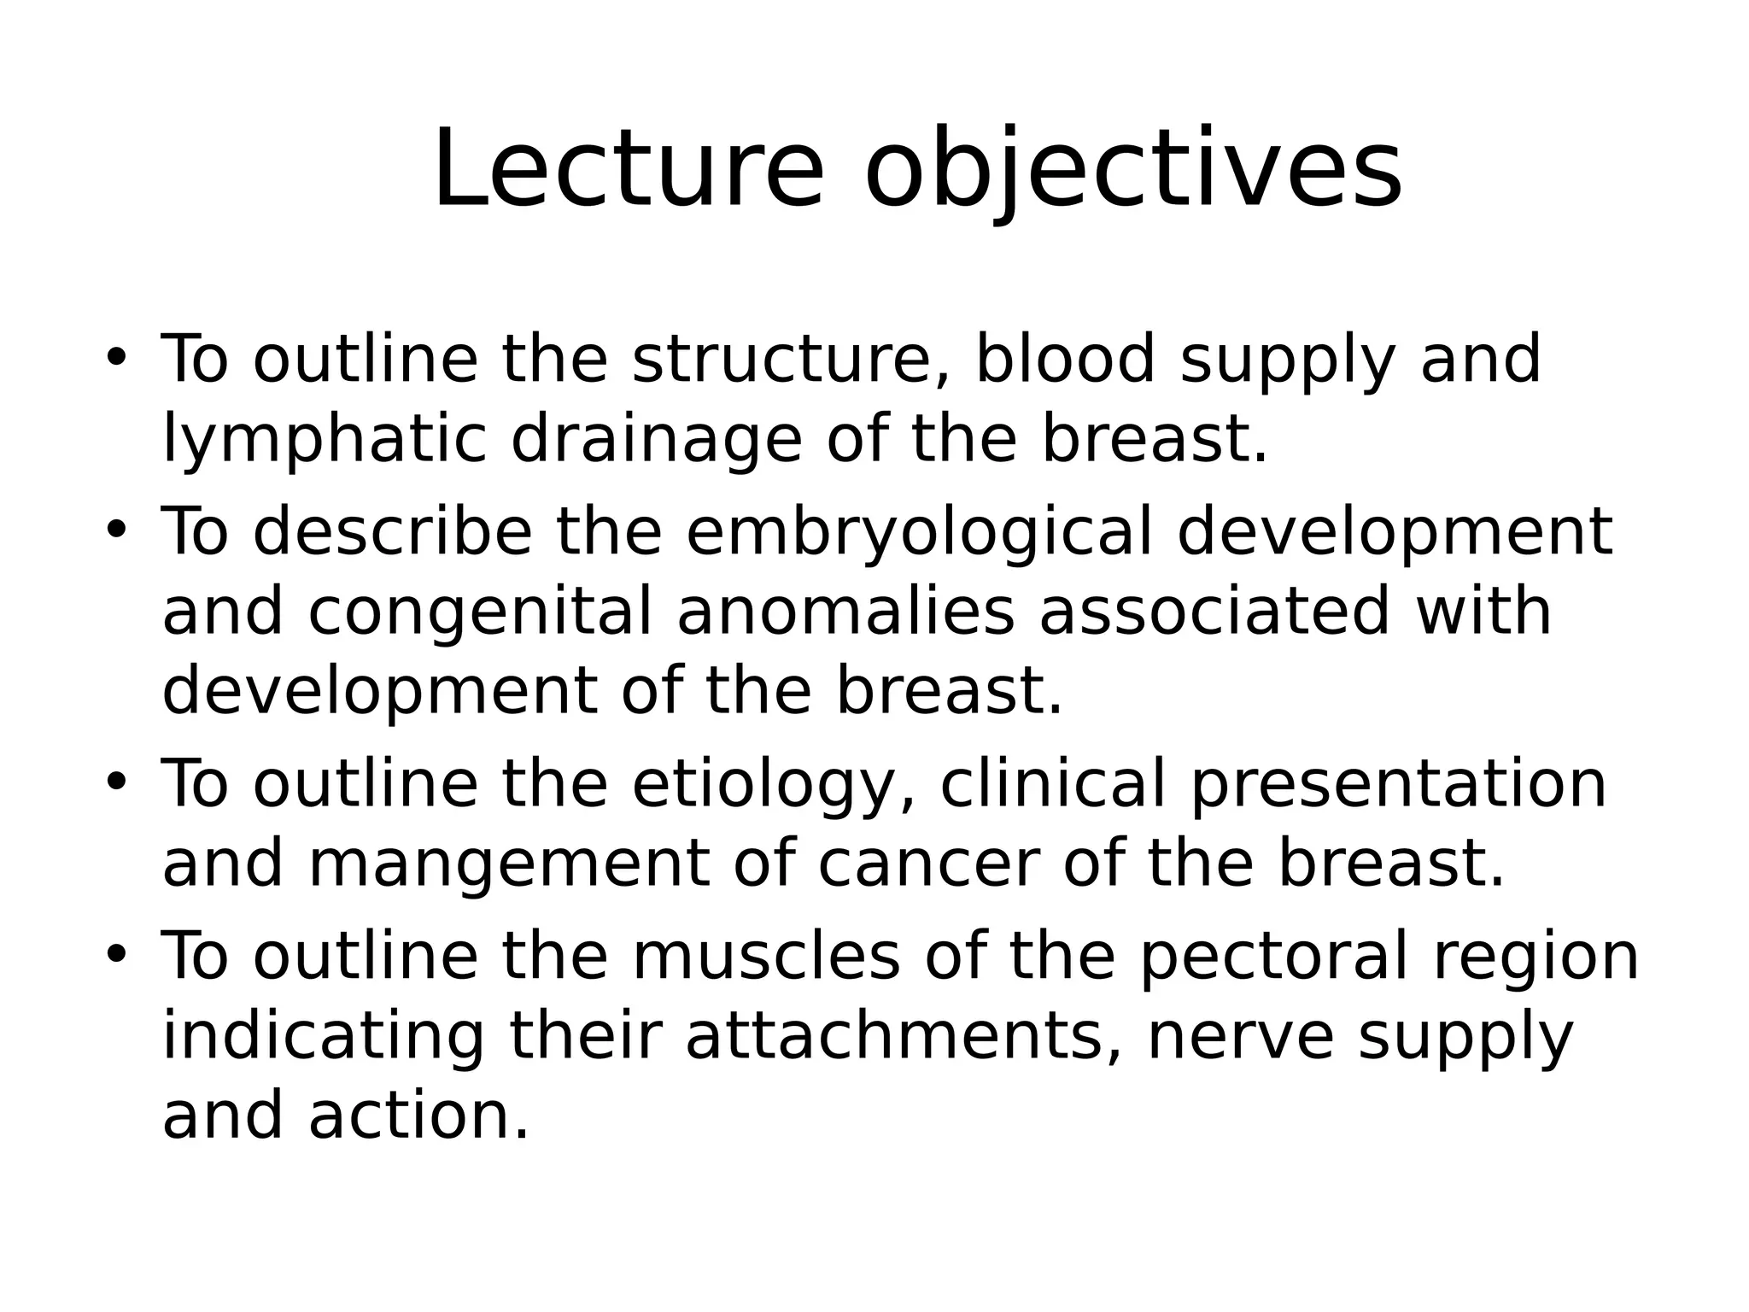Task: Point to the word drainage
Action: [x=656, y=440]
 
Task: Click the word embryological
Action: [x=919, y=532]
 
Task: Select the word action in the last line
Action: [x=418, y=1116]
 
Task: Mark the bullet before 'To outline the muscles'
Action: [x=116, y=953]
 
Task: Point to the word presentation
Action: [x=1398, y=784]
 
